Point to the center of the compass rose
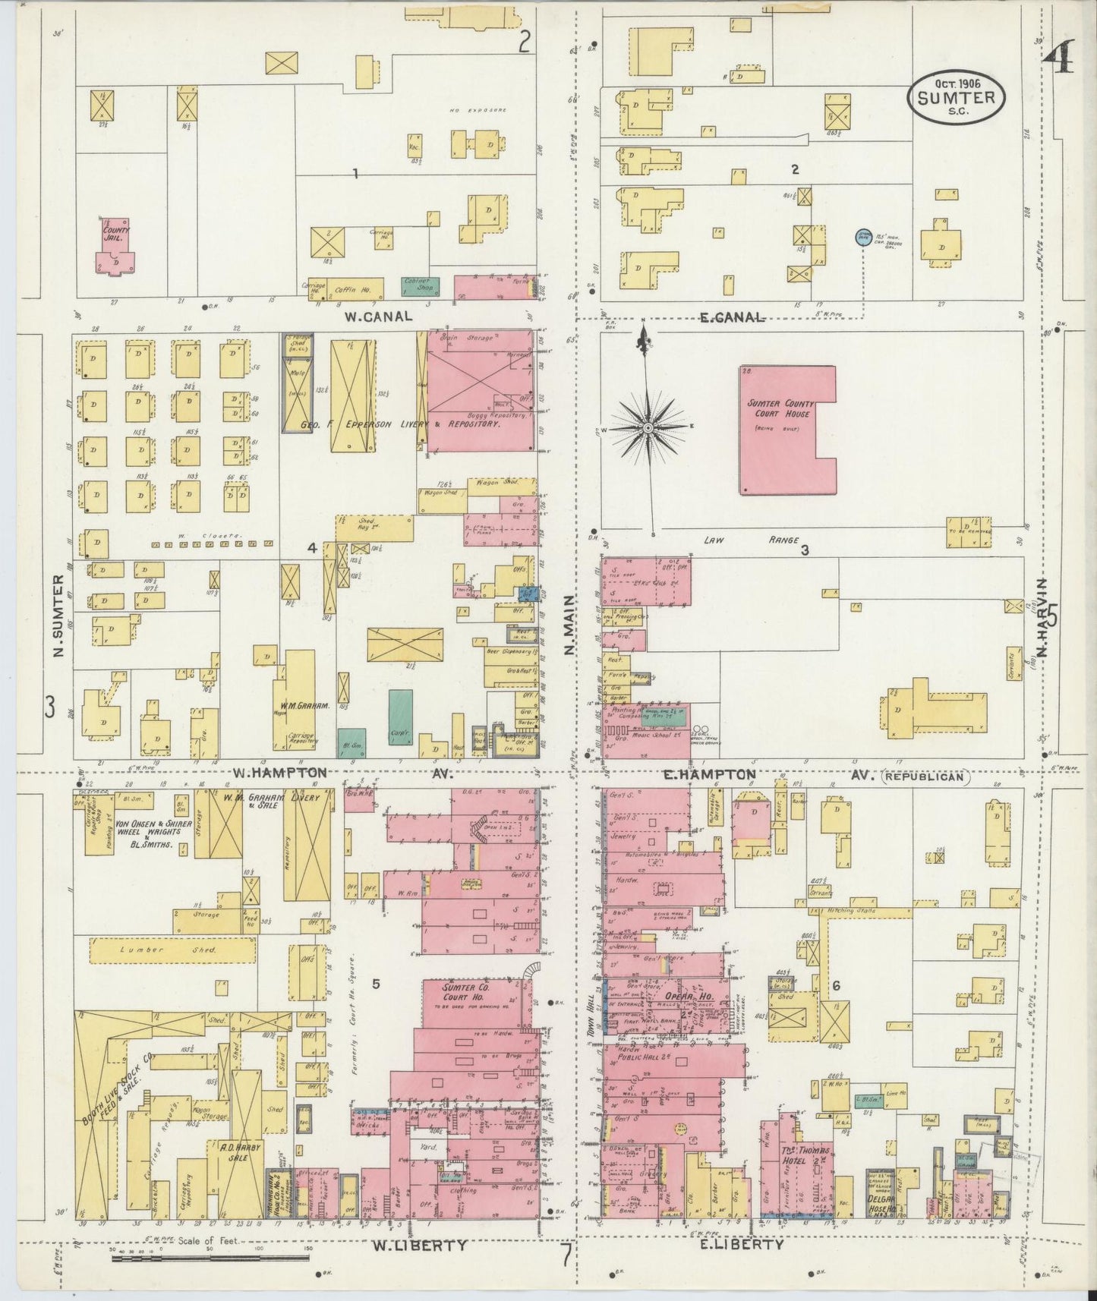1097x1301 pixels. [x=648, y=429]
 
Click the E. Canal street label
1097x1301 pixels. [x=732, y=317]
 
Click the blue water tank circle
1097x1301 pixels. [x=862, y=237]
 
